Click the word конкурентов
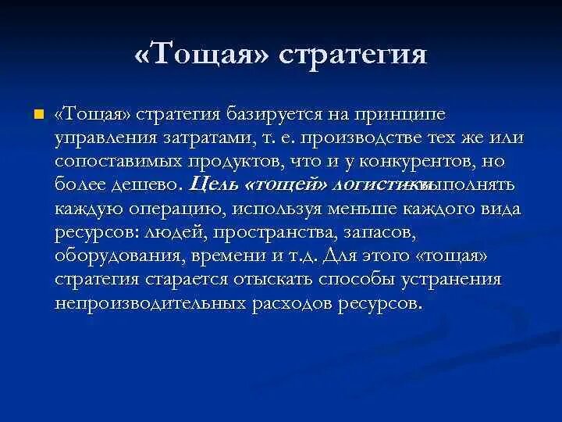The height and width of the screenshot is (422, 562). [420, 163]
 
